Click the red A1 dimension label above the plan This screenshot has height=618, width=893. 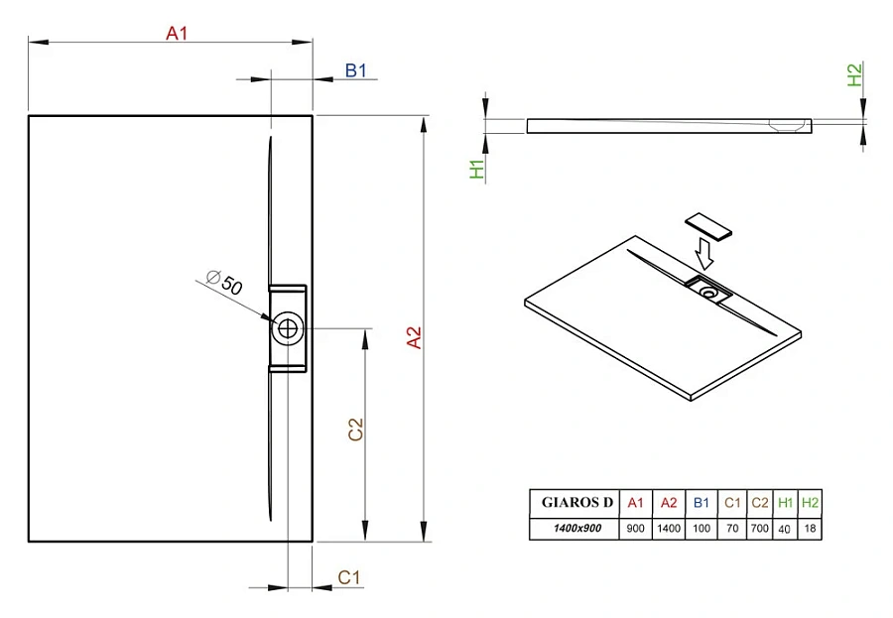tap(176, 34)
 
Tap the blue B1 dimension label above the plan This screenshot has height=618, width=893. tap(356, 70)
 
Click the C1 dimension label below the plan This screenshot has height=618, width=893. tap(348, 576)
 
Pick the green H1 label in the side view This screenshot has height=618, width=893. tap(476, 170)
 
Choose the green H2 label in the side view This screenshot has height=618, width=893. tap(853, 74)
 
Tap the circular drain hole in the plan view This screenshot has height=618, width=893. tap(288, 328)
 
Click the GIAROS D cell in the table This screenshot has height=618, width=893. tap(576, 503)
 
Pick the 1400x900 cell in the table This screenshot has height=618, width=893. tap(576, 528)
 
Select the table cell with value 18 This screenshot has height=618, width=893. tap(811, 528)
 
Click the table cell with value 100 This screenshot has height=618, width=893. tap(701, 528)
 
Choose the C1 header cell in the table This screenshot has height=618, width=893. tap(730, 503)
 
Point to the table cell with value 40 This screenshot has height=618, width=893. tap(785, 528)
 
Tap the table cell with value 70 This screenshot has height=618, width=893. tap(730, 528)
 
